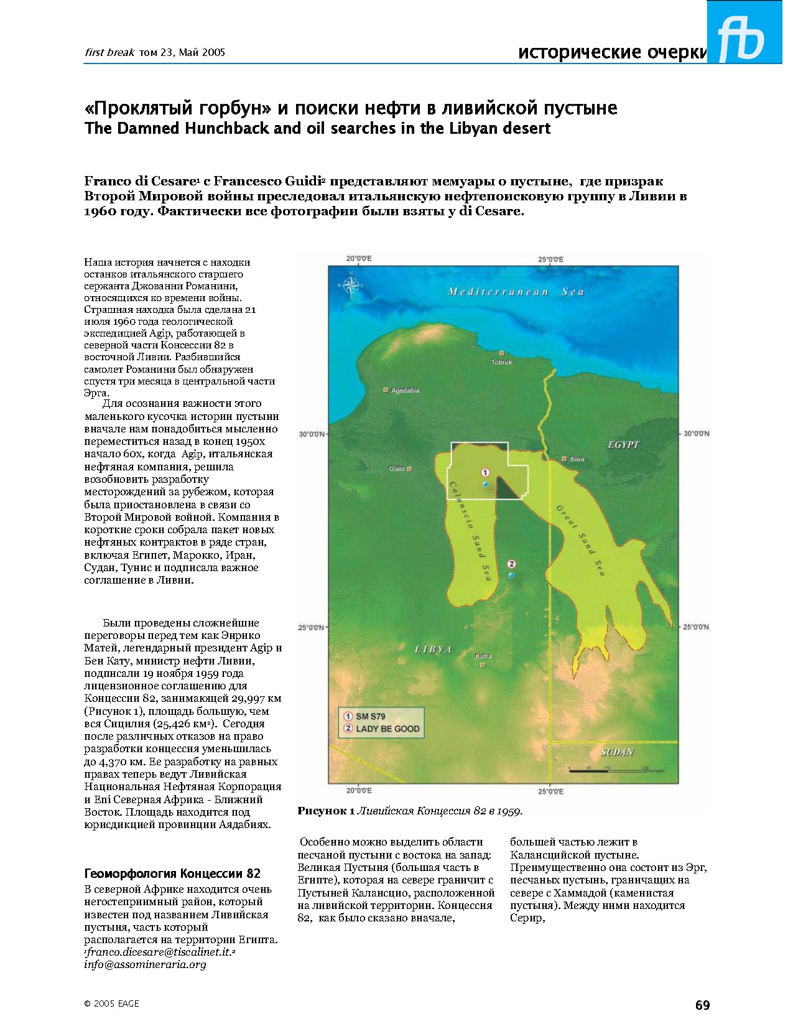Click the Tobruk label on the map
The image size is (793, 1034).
pos(501,361)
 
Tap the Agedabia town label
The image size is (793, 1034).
pos(405,391)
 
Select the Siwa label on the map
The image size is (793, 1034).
pos(577,459)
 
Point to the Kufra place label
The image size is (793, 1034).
pos(483,656)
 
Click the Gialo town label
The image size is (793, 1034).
pos(397,468)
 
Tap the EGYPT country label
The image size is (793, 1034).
pos(623,445)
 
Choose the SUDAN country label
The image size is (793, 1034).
pos(617,752)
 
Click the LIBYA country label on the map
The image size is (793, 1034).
pos(433,650)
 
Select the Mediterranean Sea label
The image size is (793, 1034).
pos(516,292)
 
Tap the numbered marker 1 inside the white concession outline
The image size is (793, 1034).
pos(486,473)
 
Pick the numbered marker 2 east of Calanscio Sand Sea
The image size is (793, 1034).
pos(511,564)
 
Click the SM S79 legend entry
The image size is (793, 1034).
pos(370,717)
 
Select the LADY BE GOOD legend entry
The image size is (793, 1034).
pos(387,729)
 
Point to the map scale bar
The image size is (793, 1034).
pos(607,770)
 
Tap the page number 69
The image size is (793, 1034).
pos(702,1005)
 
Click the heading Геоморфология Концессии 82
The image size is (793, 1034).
pos(172,873)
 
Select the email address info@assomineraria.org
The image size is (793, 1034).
pos(145,964)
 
